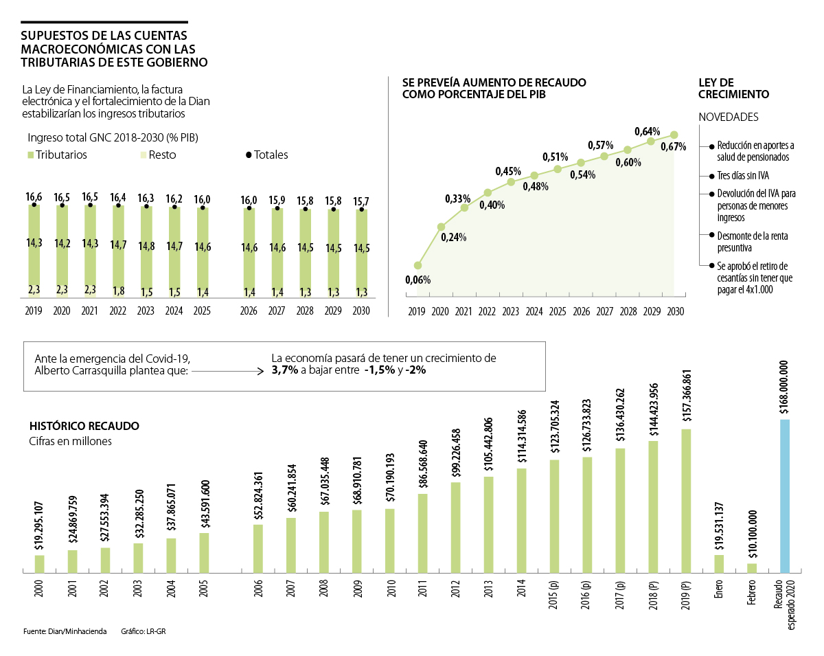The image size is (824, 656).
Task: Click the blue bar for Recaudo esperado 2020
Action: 785,495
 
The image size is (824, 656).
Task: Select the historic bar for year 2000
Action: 39,563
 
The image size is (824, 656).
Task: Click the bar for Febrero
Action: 752,567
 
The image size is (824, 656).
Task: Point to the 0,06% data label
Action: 417,280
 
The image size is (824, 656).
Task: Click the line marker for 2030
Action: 674,135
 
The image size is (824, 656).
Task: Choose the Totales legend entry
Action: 267,155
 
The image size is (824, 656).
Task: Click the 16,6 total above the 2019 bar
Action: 34,197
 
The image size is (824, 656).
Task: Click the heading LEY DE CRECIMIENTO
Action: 733,88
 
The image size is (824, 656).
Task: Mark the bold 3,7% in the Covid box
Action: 284,370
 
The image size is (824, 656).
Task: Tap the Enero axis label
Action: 719,589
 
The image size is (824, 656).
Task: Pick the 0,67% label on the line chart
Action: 674,146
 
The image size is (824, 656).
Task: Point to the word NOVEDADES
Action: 728,117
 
